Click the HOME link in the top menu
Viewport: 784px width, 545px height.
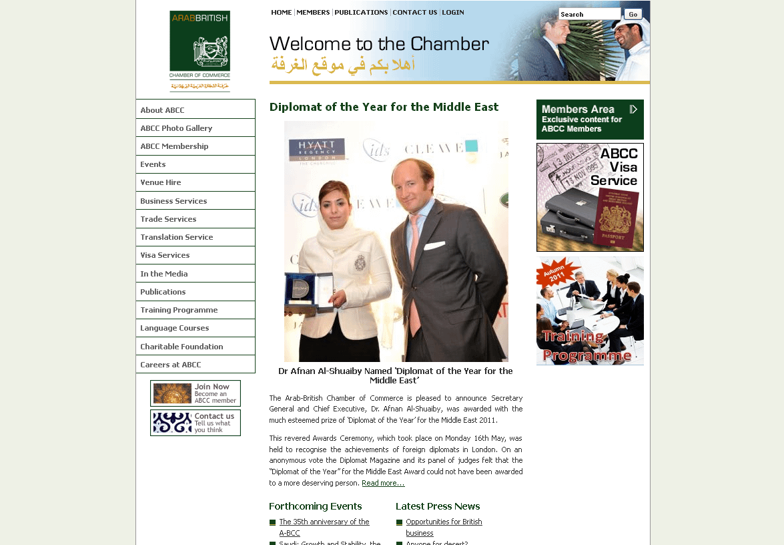click(x=282, y=13)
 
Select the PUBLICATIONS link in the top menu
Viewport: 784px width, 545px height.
click(x=361, y=13)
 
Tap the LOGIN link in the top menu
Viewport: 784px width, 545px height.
click(x=453, y=13)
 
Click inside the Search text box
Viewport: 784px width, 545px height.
click(x=589, y=14)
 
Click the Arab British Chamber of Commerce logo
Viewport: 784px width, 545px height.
click(x=200, y=51)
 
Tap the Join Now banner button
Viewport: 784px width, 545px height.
click(x=195, y=393)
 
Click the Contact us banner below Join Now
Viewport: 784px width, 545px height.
click(x=195, y=423)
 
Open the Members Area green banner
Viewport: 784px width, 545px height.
click(x=590, y=120)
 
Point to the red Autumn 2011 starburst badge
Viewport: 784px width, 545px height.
click(x=557, y=272)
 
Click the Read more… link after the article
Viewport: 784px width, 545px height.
click(x=383, y=483)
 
